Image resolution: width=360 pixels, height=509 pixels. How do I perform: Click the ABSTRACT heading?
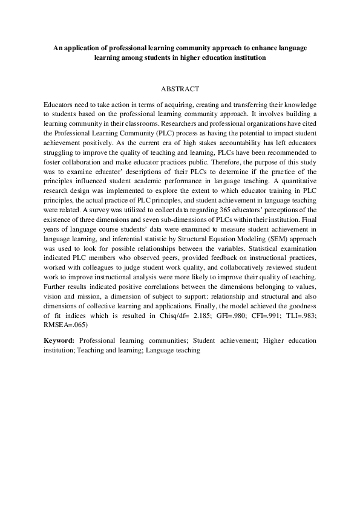tap(180, 88)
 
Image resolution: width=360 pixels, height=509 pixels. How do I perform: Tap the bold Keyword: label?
tap(59, 341)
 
